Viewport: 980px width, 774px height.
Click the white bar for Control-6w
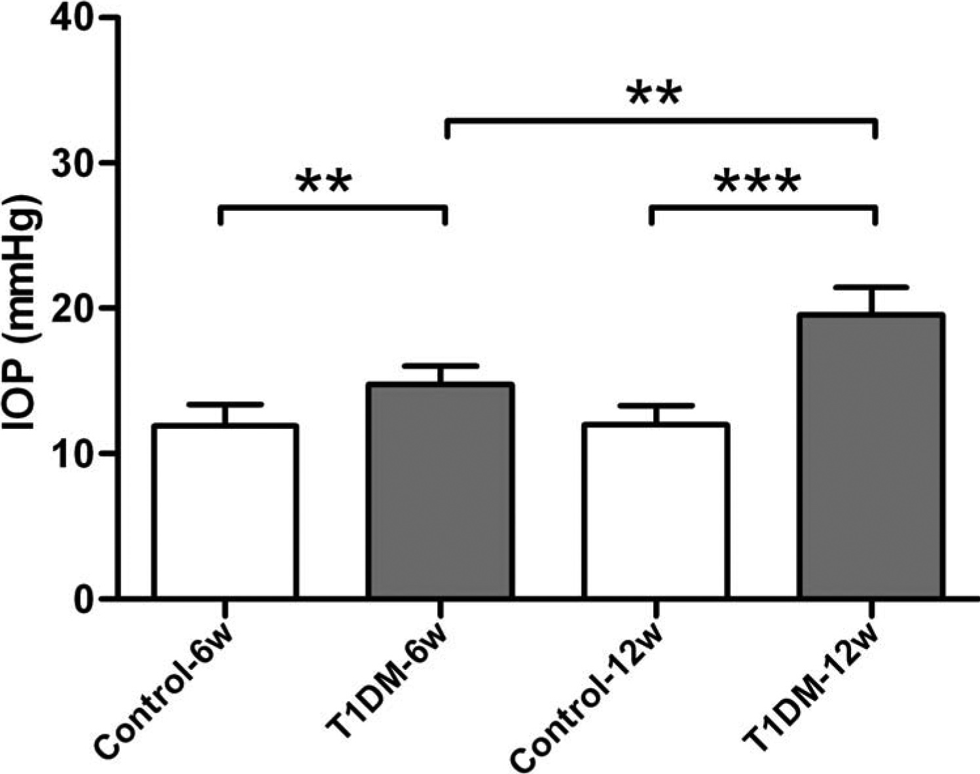[x=225, y=511]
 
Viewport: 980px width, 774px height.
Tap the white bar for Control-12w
[x=655, y=511]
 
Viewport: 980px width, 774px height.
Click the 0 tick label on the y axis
[x=82, y=598]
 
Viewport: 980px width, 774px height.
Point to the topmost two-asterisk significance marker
[x=655, y=96]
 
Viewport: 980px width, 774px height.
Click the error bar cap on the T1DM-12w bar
[x=871, y=287]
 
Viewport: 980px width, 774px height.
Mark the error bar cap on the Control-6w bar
[x=225, y=404]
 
